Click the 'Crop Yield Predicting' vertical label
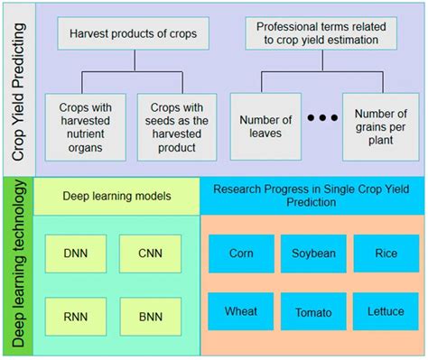pyautogui.click(x=18, y=89)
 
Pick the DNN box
pyautogui.click(x=75, y=253)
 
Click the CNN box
pyautogui.click(x=150, y=253)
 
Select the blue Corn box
pyautogui.click(x=240, y=254)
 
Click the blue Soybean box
pyautogui.click(x=312, y=254)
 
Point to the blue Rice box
pyautogui.click(x=385, y=254)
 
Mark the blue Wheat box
pyautogui.click(x=240, y=311)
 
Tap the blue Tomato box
pyautogui.click(x=312, y=311)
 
